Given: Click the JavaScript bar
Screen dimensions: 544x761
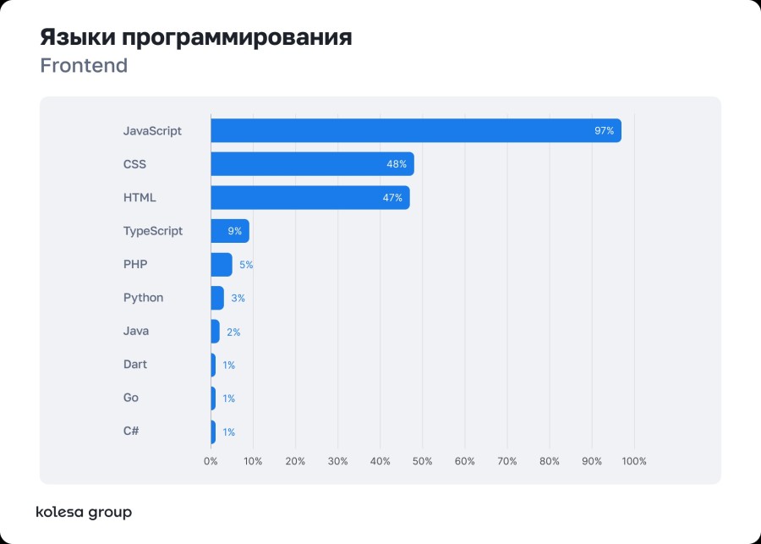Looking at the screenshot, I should [414, 130].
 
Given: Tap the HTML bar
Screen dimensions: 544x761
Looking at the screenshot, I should [309, 197].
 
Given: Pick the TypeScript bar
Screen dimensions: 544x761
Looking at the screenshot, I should [229, 231].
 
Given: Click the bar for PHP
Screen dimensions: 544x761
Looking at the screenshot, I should [221, 264].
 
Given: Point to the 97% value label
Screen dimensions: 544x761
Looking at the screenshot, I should [604, 131].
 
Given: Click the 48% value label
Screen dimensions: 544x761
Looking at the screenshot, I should [397, 164].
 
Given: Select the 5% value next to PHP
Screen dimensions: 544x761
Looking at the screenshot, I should [246, 265].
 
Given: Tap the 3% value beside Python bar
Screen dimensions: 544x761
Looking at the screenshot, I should [238, 299].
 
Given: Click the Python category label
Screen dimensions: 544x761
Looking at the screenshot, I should [143, 298].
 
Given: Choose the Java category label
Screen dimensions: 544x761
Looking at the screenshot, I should [135, 331].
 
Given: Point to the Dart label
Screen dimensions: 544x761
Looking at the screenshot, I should [134, 365].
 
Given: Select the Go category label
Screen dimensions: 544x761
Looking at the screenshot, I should [130, 398].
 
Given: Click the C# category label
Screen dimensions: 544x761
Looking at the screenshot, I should [131, 431].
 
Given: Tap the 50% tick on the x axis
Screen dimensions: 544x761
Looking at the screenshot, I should [422, 461].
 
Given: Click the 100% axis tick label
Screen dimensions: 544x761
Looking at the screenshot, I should [633, 461].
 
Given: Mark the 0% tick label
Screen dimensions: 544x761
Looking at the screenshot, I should [211, 461].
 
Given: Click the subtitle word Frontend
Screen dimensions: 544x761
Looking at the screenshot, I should [84, 65].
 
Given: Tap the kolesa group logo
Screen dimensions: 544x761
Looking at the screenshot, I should [84, 512].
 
